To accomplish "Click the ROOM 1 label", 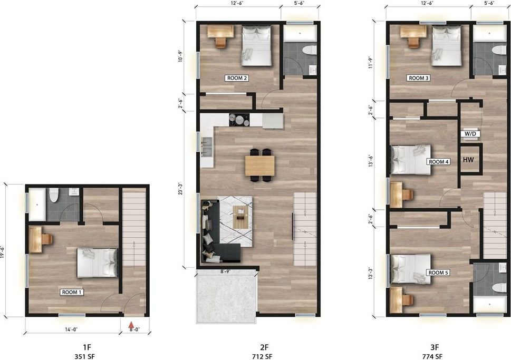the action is click(72, 292).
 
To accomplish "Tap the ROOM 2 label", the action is click(237, 78).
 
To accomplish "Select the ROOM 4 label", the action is click(439, 162).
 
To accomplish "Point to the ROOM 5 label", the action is click(439, 273).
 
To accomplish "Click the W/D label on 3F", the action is click(470, 133).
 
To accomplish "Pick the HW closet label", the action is click(468, 160).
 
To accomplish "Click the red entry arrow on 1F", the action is click(131, 325).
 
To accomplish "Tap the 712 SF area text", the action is click(262, 356).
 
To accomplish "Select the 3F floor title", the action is click(435, 348).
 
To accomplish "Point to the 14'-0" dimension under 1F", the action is click(71, 329).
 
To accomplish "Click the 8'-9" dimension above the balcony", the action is click(225, 270).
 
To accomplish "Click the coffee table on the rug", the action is click(240, 217).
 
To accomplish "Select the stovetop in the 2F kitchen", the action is click(239, 119).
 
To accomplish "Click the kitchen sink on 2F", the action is click(207, 147).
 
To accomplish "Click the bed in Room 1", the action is click(97, 263).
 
